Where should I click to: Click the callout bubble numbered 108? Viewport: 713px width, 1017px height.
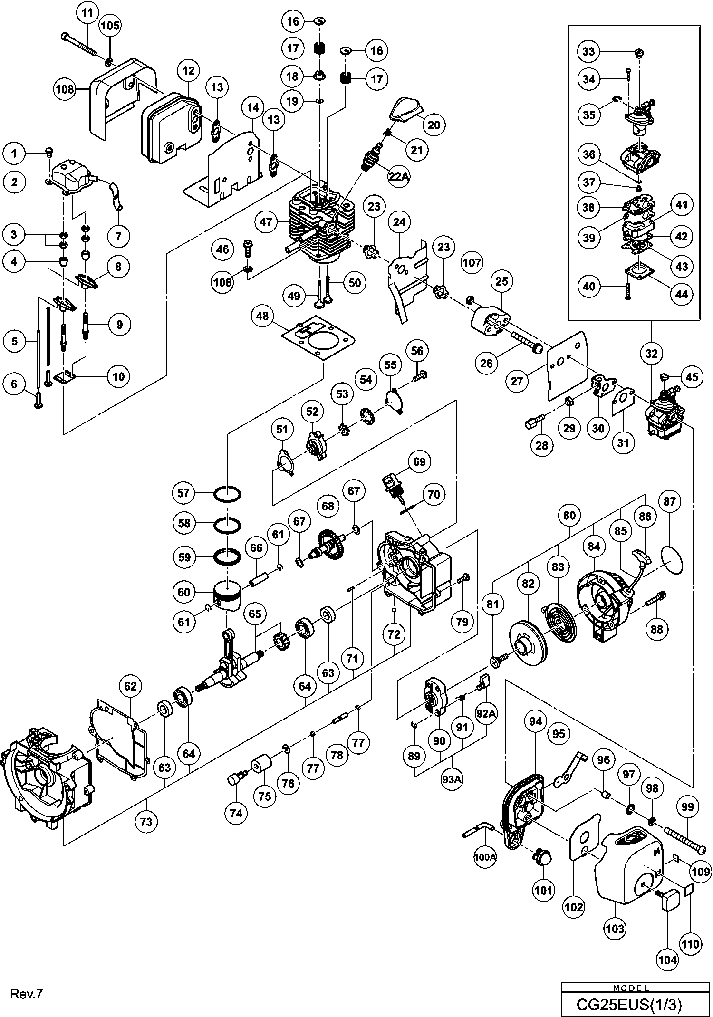click(x=65, y=89)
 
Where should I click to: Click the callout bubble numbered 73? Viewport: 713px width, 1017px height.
click(x=146, y=821)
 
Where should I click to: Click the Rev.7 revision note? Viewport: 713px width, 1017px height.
click(x=27, y=994)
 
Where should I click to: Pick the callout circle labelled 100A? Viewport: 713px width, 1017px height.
click(x=485, y=857)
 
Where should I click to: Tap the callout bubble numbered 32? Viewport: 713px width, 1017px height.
click(x=651, y=353)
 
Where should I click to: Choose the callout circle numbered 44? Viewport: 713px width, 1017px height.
click(x=682, y=294)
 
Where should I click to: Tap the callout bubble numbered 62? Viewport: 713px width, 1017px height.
click(x=130, y=686)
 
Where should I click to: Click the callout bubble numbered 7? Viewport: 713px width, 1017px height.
click(x=118, y=235)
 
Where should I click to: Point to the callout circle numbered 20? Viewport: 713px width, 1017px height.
click(x=434, y=125)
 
